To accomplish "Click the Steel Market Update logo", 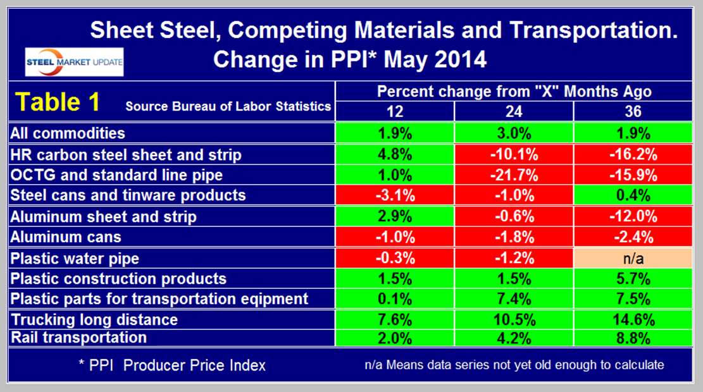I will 75,62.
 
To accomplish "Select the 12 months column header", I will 395,111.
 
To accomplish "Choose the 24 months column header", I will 514,111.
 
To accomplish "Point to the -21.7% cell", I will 514,175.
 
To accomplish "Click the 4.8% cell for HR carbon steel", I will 395,154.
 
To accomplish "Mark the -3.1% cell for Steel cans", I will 395,195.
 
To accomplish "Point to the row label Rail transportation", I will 80,338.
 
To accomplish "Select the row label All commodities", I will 68,133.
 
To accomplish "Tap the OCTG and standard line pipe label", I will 117,175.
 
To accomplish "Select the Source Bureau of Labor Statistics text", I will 228,106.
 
